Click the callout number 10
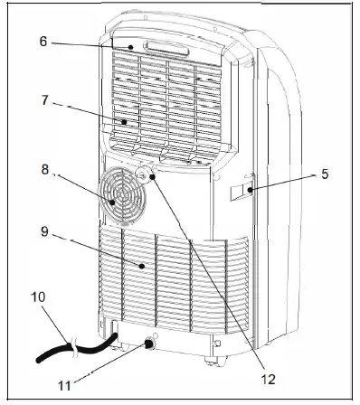click(36, 297)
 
